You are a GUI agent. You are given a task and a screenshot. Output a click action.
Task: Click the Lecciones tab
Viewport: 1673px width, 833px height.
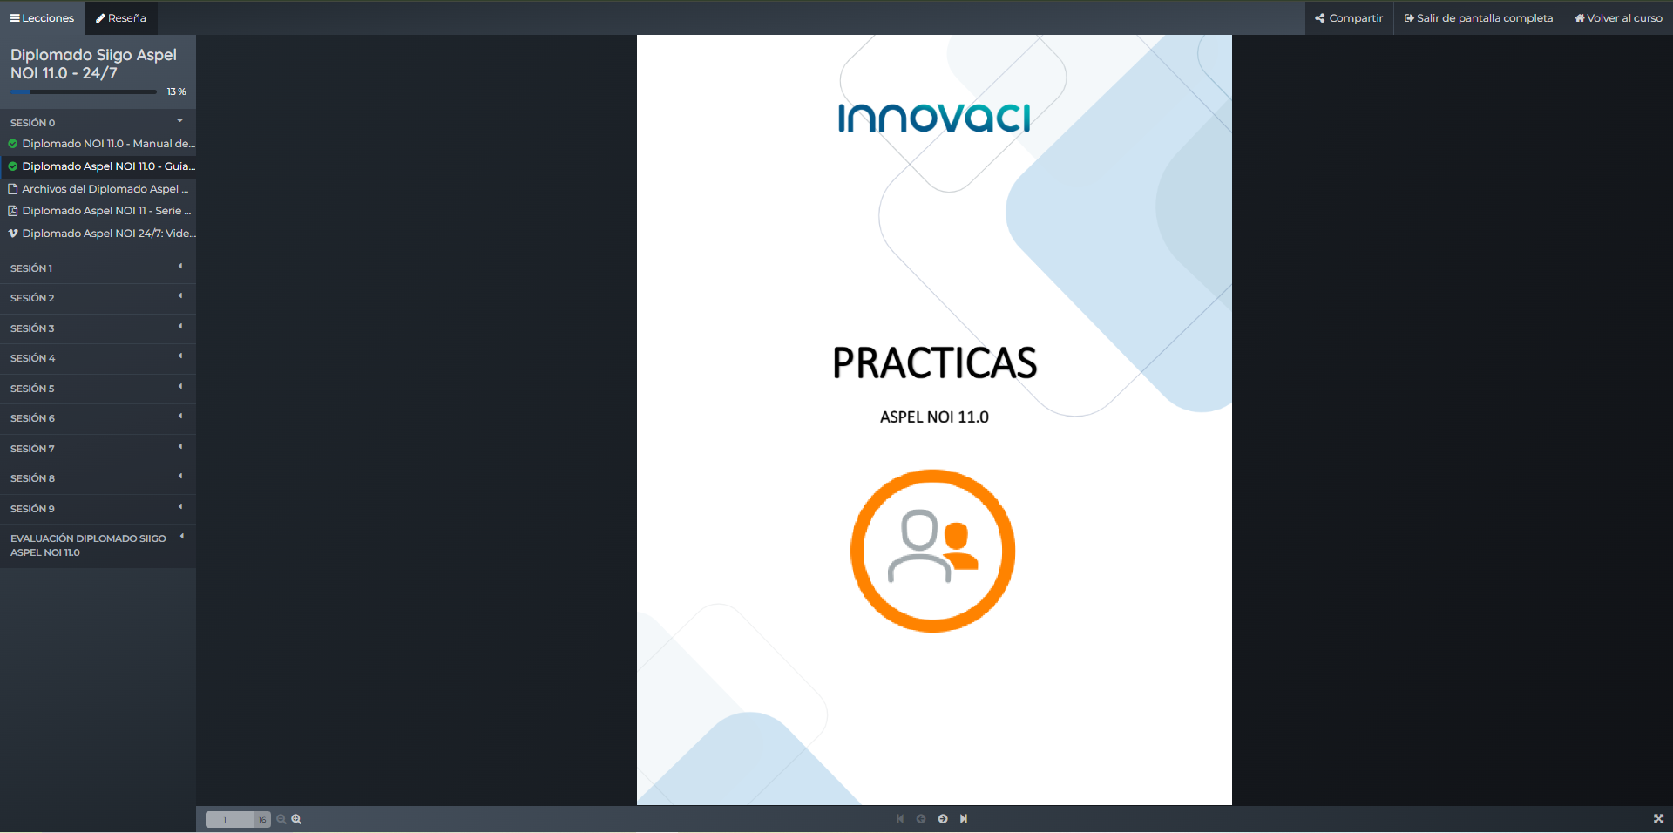(x=42, y=18)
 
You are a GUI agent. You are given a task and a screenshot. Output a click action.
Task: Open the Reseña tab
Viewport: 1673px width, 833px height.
(x=121, y=18)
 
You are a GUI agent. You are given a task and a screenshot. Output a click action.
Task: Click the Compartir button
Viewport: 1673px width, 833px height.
(x=1349, y=18)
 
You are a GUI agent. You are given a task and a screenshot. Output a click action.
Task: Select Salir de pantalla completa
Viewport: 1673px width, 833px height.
(x=1479, y=18)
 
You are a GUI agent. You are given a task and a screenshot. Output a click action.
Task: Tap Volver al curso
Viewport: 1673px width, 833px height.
(x=1618, y=18)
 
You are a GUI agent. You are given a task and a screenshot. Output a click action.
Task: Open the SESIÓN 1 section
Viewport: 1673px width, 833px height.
(x=98, y=268)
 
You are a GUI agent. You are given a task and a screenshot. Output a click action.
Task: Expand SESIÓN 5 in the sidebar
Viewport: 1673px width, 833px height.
(x=98, y=389)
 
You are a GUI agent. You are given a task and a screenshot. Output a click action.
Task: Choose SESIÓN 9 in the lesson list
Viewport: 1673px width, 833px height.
(x=98, y=509)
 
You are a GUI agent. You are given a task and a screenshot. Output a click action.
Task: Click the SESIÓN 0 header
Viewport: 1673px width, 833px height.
(x=98, y=122)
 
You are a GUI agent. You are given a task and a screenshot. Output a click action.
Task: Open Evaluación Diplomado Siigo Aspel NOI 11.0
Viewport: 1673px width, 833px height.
(x=98, y=545)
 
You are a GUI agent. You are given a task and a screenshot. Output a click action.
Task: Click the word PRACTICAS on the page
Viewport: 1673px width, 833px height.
(x=934, y=363)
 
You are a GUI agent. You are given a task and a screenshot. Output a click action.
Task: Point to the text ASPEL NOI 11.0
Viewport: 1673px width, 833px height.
(x=934, y=417)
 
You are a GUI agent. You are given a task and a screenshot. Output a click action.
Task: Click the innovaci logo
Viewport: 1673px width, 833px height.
(x=934, y=118)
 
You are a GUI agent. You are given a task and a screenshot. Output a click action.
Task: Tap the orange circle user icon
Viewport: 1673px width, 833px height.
(x=933, y=551)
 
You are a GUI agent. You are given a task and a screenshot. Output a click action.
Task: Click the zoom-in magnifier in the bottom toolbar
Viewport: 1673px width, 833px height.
(x=296, y=819)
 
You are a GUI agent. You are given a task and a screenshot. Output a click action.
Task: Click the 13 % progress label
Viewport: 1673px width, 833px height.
(x=176, y=91)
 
